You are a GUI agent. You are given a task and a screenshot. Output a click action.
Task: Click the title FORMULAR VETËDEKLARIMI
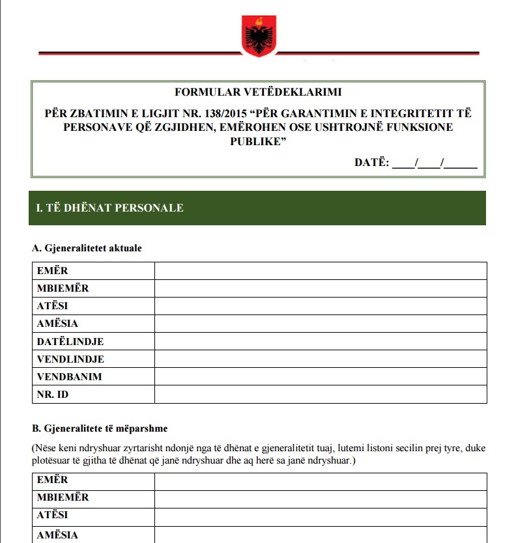pyautogui.click(x=258, y=92)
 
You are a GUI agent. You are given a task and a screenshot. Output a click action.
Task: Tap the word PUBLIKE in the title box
pyautogui.click(x=258, y=141)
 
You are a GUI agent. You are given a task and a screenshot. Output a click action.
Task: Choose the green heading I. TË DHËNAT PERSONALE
pyautogui.click(x=110, y=208)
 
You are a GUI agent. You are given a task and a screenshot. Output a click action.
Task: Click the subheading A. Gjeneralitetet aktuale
pyautogui.click(x=87, y=248)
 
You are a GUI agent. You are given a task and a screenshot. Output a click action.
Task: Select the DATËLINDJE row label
pyautogui.click(x=70, y=341)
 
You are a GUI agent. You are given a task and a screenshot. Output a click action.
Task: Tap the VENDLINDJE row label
pyautogui.click(x=70, y=359)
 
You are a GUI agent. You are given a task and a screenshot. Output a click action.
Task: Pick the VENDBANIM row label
pyautogui.click(x=69, y=376)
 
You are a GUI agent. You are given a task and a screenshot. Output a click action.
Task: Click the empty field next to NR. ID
pyautogui.click(x=321, y=395)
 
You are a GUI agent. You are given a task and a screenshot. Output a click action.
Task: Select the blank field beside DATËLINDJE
pyautogui.click(x=321, y=341)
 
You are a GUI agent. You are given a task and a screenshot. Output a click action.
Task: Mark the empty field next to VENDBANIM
pyautogui.click(x=321, y=376)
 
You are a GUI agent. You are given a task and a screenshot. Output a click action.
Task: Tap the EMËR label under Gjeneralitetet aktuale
pyautogui.click(x=52, y=270)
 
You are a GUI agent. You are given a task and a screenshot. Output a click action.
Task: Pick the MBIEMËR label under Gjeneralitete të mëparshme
pyautogui.click(x=63, y=497)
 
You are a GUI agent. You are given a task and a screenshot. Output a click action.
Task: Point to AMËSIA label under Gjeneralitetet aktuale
pyautogui.click(x=57, y=324)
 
